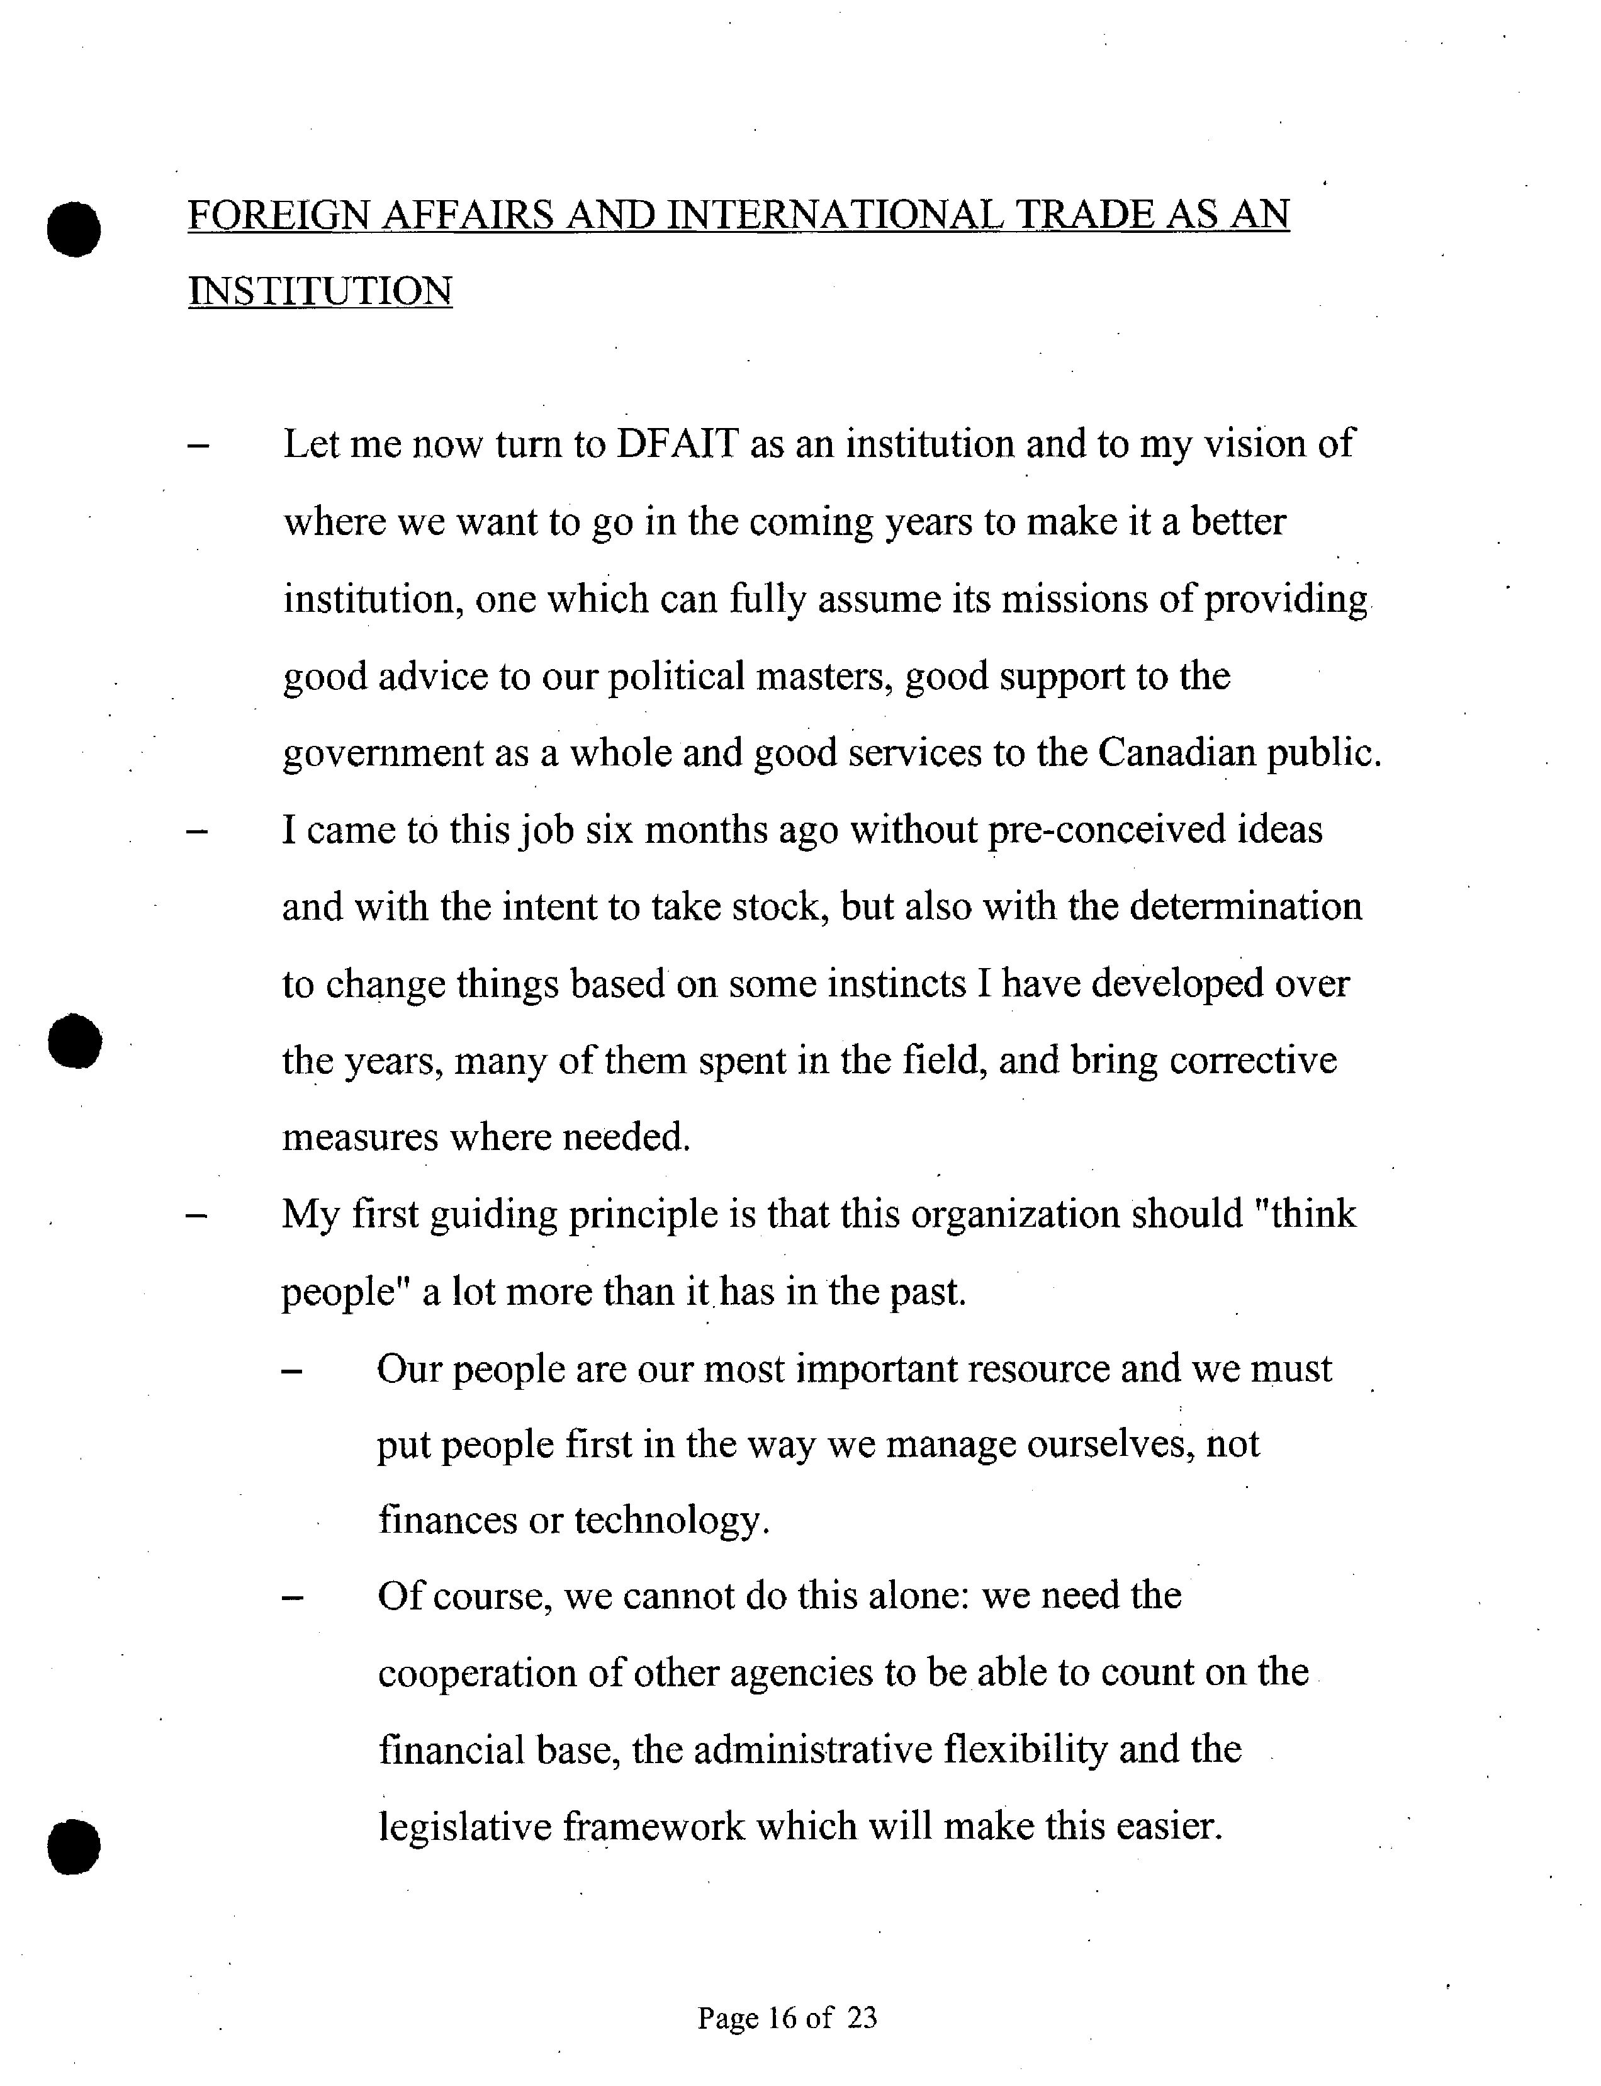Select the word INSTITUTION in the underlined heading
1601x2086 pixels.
(320, 291)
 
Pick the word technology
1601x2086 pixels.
(671, 1520)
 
